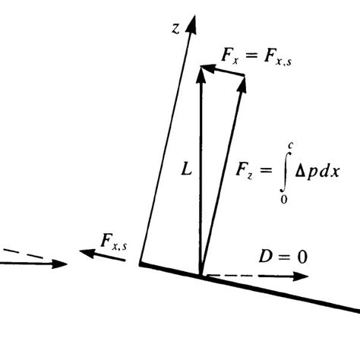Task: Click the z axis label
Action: pyautogui.click(x=175, y=30)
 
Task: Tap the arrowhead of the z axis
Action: pyautogui.click(x=192, y=23)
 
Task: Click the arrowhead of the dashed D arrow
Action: pyautogui.click(x=303, y=276)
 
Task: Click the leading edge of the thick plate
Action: pyautogui.click(x=141, y=264)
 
